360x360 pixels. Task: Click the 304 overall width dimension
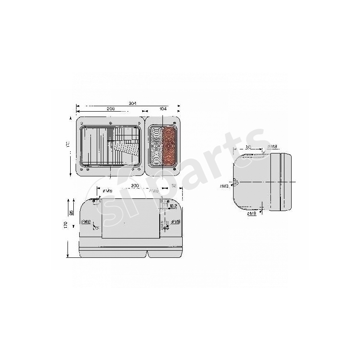pyautogui.click(x=132, y=103)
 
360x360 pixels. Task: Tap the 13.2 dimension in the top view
pyautogui.click(x=173, y=207)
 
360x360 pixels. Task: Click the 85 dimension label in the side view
pyautogui.click(x=248, y=147)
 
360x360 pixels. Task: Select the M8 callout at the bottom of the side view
pyautogui.click(x=252, y=214)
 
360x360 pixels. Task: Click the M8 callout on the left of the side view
pyautogui.click(x=224, y=185)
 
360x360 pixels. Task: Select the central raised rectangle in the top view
pyautogui.click(x=130, y=218)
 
